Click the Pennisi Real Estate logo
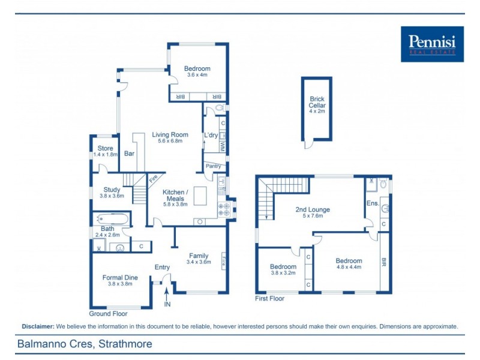click(432, 44)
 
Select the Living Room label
click(170, 137)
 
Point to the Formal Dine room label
click(120, 281)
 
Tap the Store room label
click(105, 151)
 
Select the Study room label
click(112, 193)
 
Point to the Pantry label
click(213, 166)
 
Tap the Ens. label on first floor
click(372, 203)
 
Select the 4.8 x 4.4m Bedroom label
click(349, 264)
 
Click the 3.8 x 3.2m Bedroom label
click(283, 269)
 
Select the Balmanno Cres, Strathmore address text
click(84, 344)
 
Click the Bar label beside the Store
click(129, 154)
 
